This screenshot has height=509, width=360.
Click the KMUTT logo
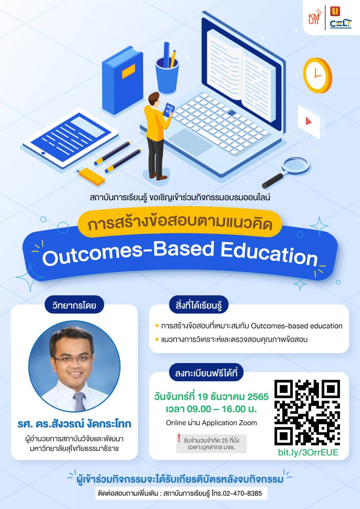315,17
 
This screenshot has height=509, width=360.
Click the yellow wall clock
317,75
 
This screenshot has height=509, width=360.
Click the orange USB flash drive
92,176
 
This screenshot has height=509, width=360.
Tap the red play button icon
308,121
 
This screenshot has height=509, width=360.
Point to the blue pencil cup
167,74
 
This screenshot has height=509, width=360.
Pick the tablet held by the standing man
169,110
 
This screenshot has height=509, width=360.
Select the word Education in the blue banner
269,255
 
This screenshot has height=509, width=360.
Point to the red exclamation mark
179,438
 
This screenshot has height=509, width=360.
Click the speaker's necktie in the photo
79,402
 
